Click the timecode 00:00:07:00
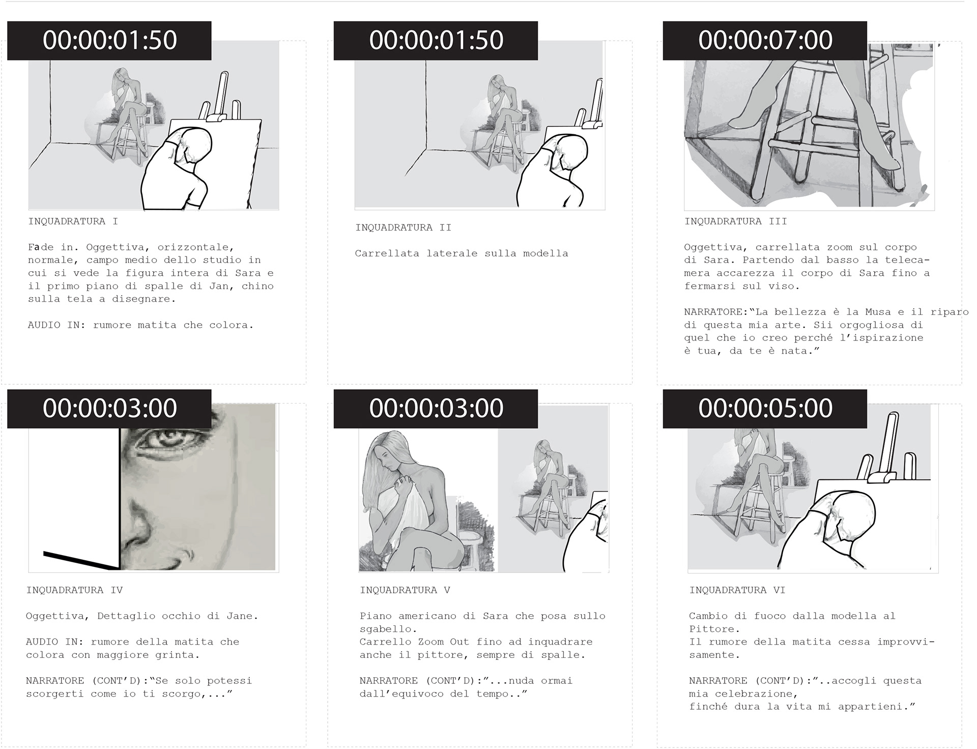click(765, 40)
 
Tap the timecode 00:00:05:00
click(765, 408)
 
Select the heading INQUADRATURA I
click(73, 221)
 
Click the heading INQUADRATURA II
click(403, 227)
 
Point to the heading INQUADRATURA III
click(735, 221)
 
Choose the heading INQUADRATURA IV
click(74, 590)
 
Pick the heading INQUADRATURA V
click(405, 590)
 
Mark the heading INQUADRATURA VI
click(737, 590)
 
